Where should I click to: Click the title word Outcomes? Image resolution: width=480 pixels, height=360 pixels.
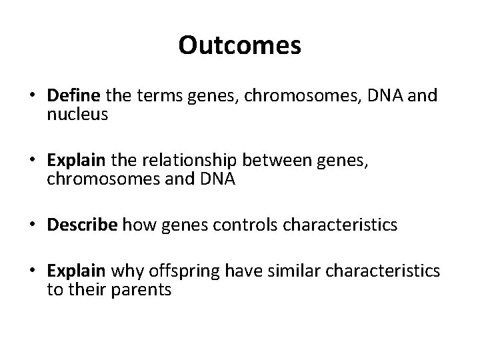(x=240, y=46)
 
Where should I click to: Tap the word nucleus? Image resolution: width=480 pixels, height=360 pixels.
(x=77, y=115)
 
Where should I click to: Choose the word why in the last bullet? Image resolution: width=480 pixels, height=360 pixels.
(x=122, y=271)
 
